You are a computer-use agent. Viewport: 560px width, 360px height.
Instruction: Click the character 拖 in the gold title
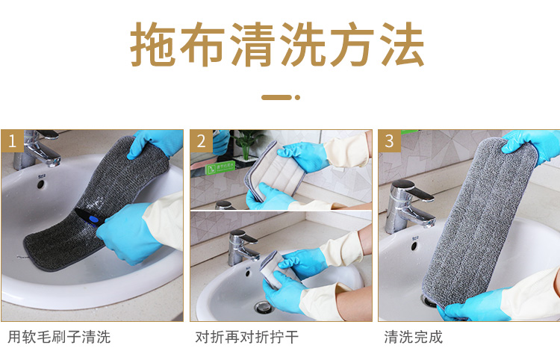[153, 44]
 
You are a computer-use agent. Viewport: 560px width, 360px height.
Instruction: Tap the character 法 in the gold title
[402, 44]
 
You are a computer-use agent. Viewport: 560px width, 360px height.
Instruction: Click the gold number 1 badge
[12, 141]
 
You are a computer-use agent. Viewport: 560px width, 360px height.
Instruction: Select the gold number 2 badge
[201, 141]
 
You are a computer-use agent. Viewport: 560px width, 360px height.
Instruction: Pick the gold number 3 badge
[389, 141]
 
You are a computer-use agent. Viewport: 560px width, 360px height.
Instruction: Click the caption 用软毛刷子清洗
[59, 337]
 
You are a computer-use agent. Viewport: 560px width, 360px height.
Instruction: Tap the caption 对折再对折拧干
[247, 337]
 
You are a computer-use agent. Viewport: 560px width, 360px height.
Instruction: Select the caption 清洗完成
[413, 337]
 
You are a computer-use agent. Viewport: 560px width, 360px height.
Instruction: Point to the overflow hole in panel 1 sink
[40, 184]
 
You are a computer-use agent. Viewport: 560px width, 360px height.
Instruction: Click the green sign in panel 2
[220, 167]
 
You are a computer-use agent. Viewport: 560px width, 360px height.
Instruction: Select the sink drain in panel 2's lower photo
[264, 307]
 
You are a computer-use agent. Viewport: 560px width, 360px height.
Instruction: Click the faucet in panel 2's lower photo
[243, 247]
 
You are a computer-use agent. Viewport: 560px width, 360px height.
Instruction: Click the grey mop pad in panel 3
[479, 221]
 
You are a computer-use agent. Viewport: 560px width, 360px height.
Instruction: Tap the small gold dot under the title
[297, 97]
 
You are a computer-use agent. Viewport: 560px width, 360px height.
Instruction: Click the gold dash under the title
[277, 97]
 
